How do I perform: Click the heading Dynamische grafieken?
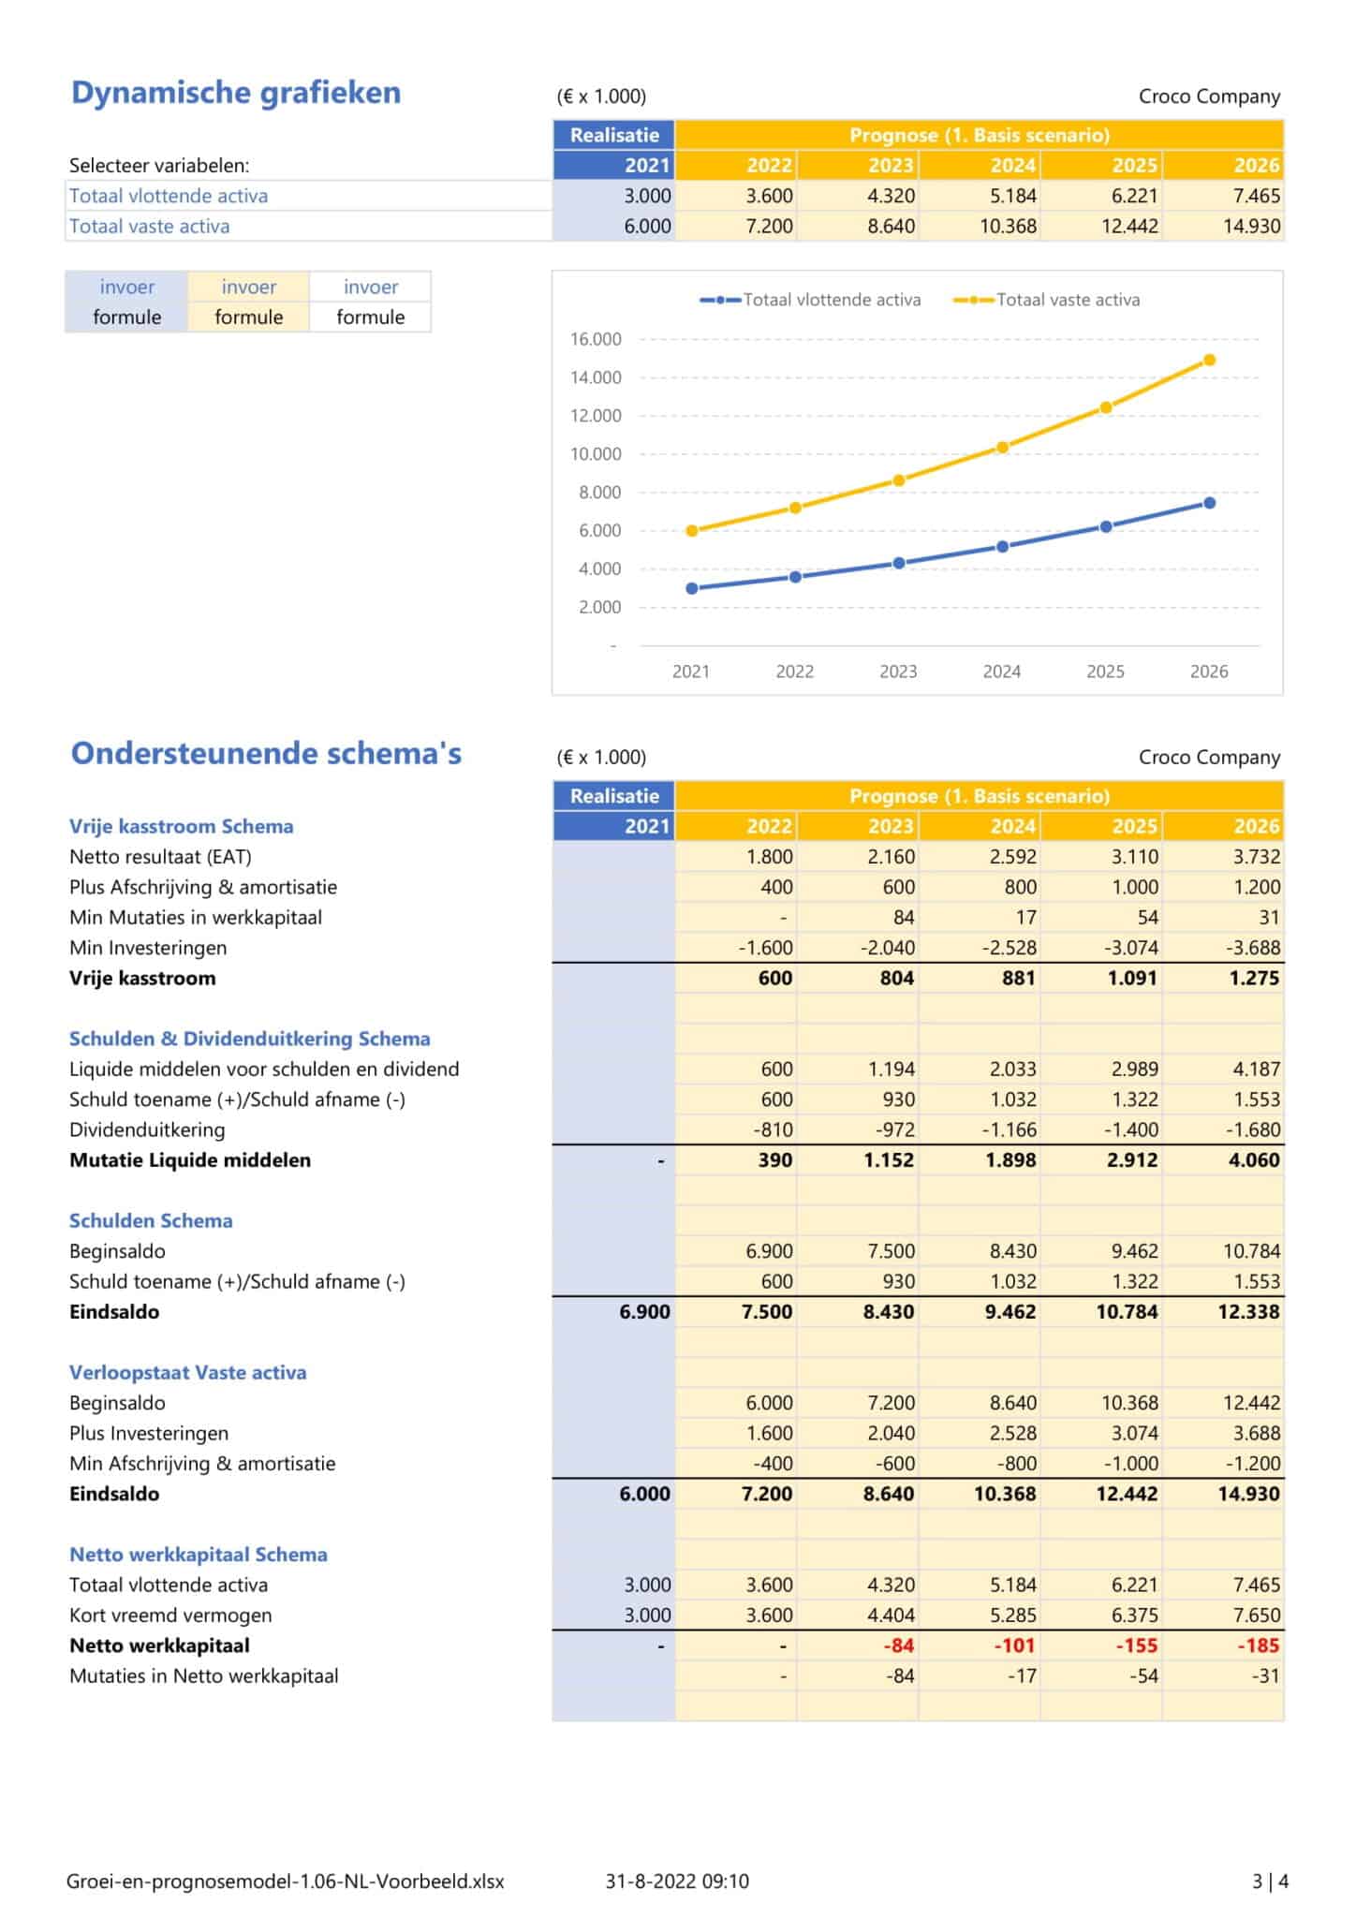point(236,93)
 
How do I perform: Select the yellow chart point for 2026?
point(1209,360)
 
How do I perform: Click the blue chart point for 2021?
point(691,588)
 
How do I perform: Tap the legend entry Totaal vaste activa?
point(1067,300)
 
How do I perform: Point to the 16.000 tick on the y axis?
point(596,339)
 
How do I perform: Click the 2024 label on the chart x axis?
point(1001,671)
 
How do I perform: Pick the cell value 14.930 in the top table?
point(1251,226)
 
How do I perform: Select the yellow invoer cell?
point(248,287)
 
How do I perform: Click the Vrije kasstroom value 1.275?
point(1253,978)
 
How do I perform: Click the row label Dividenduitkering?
point(147,1129)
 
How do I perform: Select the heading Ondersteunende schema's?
point(266,754)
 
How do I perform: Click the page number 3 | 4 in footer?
point(1270,1881)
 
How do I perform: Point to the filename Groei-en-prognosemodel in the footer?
point(285,1881)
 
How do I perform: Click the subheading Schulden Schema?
point(151,1220)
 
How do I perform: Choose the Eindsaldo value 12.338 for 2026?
point(1248,1311)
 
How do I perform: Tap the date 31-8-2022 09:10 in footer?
point(677,1881)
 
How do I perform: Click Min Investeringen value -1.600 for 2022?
point(765,948)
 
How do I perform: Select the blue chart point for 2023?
point(898,563)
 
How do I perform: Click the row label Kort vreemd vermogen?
point(170,1616)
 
